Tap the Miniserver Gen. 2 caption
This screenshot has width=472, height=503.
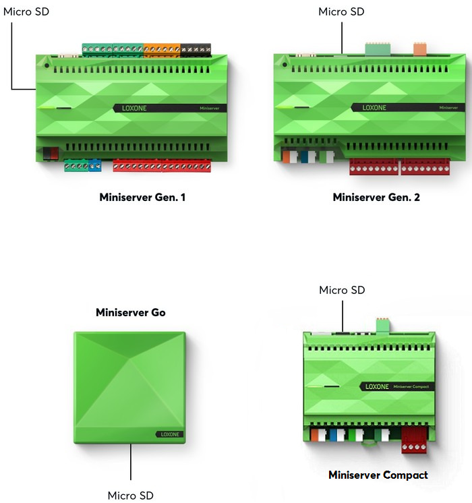[376, 198]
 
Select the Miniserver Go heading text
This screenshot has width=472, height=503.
[130, 312]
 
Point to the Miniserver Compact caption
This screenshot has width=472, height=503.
[378, 475]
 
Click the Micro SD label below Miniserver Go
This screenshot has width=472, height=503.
[130, 496]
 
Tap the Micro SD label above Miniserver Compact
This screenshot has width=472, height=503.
[342, 290]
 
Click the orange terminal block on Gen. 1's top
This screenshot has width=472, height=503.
[161, 49]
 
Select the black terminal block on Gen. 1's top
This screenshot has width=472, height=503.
[196, 49]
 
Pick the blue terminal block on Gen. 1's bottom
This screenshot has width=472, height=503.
[94, 165]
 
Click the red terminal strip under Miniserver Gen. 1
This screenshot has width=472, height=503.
[162, 166]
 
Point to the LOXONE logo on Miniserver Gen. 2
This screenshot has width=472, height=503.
[375, 107]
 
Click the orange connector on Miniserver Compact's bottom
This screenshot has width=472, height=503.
[316, 436]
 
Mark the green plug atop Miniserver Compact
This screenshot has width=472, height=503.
[382, 325]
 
